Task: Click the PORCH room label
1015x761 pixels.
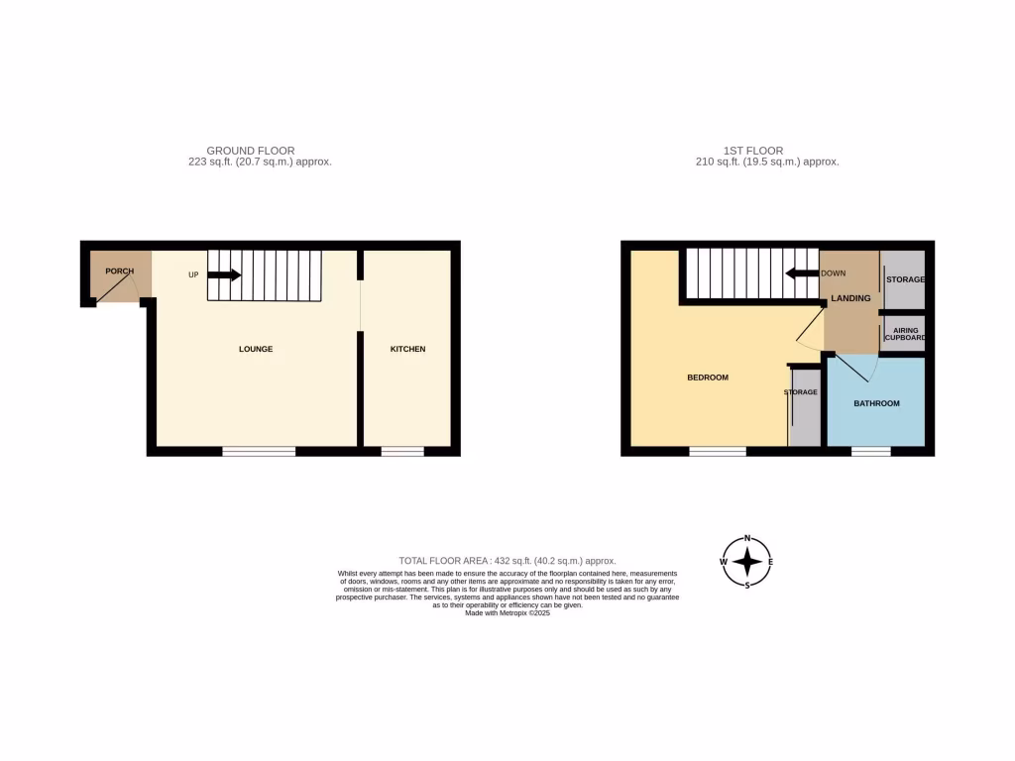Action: pos(119,271)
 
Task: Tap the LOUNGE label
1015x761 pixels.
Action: pos(256,349)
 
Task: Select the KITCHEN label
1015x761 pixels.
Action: pos(407,349)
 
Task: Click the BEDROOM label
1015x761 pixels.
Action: pos(708,378)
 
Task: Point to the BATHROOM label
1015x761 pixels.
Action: pos(876,403)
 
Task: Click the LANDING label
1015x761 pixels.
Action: pos(850,298)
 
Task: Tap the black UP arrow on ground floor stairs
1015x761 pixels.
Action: pos(223,274)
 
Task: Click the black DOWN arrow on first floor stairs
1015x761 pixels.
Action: pos(801,273)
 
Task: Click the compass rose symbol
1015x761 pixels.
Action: pos(747,562)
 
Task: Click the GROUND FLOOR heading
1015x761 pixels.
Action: pos(250,151)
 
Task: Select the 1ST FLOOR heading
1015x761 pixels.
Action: pos(753,151)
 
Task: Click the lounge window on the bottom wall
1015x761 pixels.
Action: pos(259,452)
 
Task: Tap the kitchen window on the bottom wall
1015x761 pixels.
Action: pos(402,452)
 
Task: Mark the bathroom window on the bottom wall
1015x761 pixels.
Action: pos(870,452)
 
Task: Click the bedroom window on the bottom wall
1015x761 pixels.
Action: pos(718,452)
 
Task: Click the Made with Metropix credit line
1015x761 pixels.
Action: pos(507,613)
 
